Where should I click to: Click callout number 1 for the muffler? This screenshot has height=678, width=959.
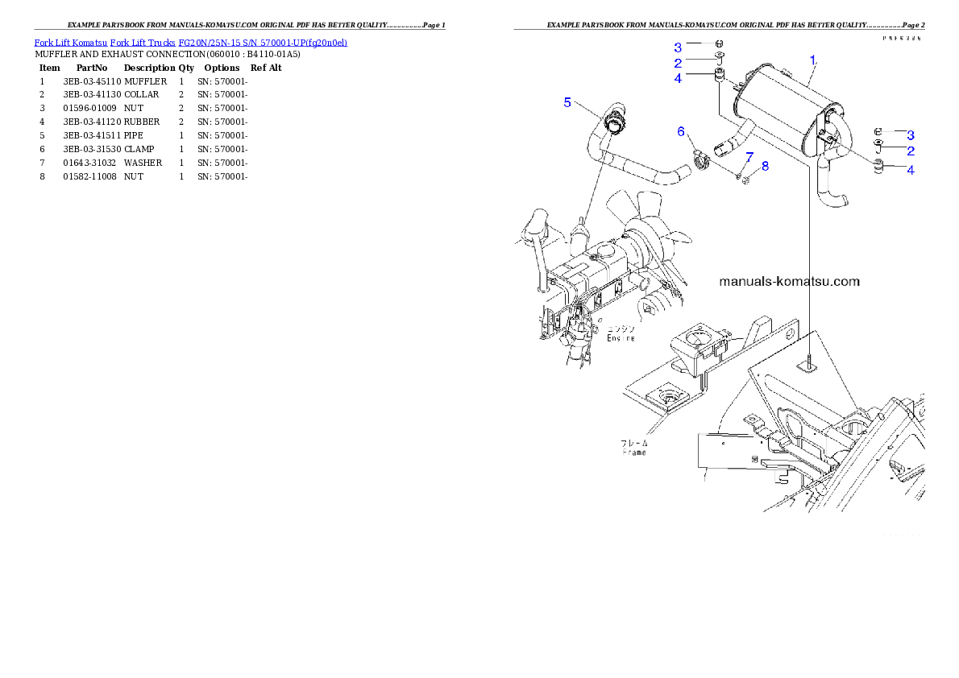[x=813, y=59]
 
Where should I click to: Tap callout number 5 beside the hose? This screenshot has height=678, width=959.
[x=567, y=102]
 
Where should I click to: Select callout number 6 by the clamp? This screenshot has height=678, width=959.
[x=681, y=130]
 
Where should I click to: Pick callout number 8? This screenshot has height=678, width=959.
[x=765, y=166]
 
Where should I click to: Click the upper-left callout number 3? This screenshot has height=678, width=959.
[x=678, y=47]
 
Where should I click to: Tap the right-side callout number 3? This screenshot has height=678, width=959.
[x=910, y=134]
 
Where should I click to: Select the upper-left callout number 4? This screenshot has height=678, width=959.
[x=678, y=78]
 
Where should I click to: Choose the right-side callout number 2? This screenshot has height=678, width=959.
[x=910, y=151]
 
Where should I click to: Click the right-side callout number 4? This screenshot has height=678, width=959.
[x=910, y=170]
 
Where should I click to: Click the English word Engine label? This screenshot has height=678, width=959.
[x=621, y=338]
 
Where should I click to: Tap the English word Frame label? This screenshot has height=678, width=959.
[x=633, y=453]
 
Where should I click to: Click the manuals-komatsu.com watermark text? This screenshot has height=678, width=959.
[x=789, y=282]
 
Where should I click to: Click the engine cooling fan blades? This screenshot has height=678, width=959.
[x=649, y=221]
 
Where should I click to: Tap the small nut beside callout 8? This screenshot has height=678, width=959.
[x=746, y=179]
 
